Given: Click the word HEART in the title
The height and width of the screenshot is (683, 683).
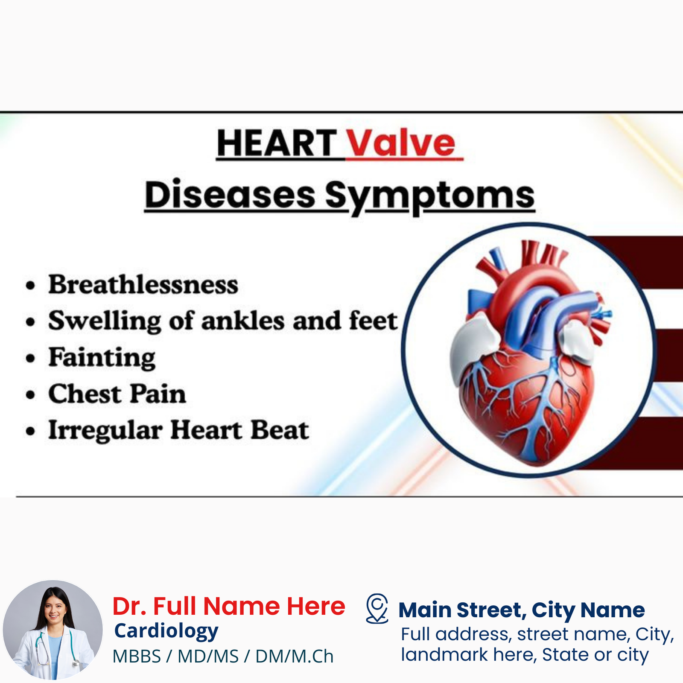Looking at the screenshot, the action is tap(277, 143).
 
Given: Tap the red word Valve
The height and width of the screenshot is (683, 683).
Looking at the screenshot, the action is tap(401, 143).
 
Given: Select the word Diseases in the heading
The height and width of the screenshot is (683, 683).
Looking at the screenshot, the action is tap(230, 195).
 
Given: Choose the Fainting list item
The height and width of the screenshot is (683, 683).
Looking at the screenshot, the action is tap(102, 358).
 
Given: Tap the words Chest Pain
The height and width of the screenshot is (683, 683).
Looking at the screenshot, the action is tap(117, 394).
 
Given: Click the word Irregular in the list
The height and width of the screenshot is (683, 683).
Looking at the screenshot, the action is tap(105, 430).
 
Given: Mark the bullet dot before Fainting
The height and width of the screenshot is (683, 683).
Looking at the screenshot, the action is tap(30, 359).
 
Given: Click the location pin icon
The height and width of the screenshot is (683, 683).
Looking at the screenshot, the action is tap(377, 608).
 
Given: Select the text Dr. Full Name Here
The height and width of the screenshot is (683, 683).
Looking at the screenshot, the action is tap(229, 606).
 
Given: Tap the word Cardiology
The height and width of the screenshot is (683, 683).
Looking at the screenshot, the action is tap(166, 631).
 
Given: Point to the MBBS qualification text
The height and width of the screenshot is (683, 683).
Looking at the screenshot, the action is tap(137, 657).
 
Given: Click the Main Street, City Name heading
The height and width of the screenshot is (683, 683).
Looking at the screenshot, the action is tap(522, 610).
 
